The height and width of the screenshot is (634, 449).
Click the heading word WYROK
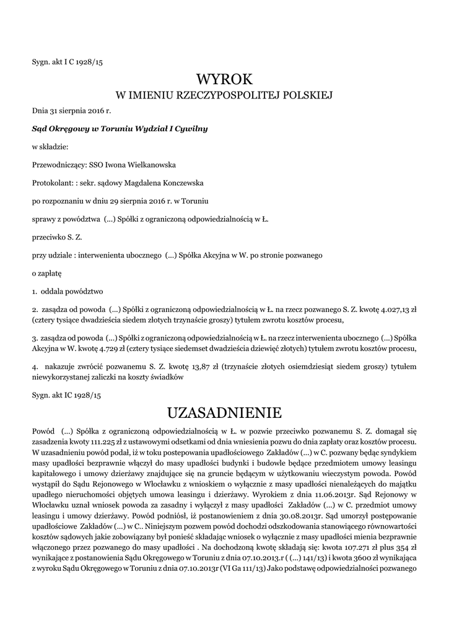click(224, 79)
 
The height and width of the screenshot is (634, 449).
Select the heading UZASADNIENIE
click(224, 412)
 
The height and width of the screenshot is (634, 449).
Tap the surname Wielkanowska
click(148, 165)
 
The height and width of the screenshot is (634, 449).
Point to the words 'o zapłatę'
click(46, 272)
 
